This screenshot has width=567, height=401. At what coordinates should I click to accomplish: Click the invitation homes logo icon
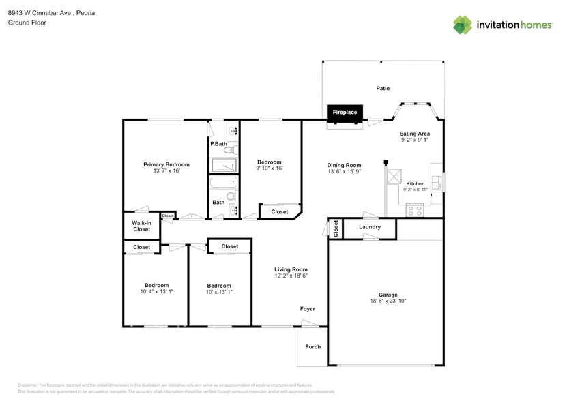pos(463,25)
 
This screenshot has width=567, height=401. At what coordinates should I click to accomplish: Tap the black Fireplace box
pos(345,113)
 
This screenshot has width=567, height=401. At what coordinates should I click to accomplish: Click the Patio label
pos(383,89)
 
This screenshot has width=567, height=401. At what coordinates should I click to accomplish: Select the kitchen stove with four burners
pos(415,210)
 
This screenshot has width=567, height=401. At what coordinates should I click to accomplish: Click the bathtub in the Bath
pos(222,183)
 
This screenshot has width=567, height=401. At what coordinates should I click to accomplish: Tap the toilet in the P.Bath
pos(230,149)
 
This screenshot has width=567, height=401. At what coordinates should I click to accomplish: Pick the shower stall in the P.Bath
pos(224,166)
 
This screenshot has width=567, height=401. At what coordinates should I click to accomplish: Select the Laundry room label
pos(369,227)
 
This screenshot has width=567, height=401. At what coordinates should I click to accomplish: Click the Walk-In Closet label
pos(141,226)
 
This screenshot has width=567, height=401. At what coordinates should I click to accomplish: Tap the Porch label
pos(312,347)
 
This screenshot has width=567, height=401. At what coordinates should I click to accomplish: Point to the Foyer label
pos(308,309)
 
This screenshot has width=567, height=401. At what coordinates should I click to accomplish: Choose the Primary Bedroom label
pos(166,164)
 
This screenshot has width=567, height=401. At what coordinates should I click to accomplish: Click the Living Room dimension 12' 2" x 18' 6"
pos(291,276)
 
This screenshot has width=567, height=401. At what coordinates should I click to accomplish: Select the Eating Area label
pos(414,134)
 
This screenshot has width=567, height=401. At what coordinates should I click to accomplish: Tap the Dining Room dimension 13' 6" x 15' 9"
pos(344,172)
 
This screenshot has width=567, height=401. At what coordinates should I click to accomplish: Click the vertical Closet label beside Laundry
pos(335,229)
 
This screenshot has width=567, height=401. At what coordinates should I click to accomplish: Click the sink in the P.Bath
pos(232,131)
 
